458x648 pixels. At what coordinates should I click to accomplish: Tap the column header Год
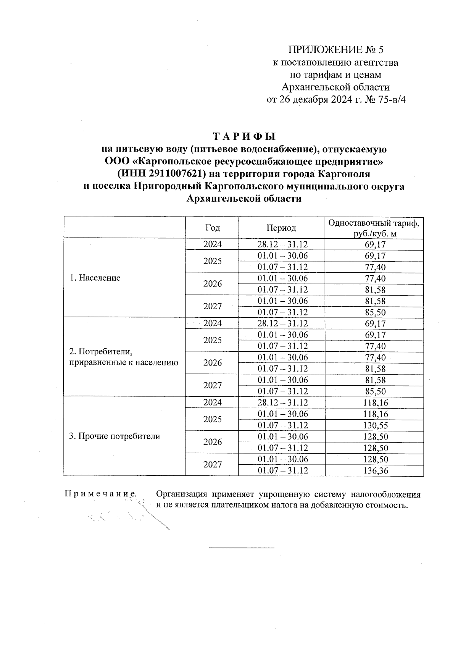pos(212,228)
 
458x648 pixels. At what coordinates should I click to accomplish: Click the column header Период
pos(281,228)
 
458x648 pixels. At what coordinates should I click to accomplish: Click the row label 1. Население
pos(95,278)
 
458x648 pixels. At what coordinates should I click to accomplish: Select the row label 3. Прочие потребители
pos(114,436)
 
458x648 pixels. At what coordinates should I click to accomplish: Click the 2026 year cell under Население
pos(212,284)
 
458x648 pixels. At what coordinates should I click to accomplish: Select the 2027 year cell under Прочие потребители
pos(212,465)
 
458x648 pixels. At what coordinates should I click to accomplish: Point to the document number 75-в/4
pos(385,100)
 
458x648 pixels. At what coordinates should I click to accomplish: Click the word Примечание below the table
pos(101,494)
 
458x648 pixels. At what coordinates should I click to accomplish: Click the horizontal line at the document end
pos(242,548)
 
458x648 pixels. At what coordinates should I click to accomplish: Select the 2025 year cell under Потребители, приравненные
pos(212,340)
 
